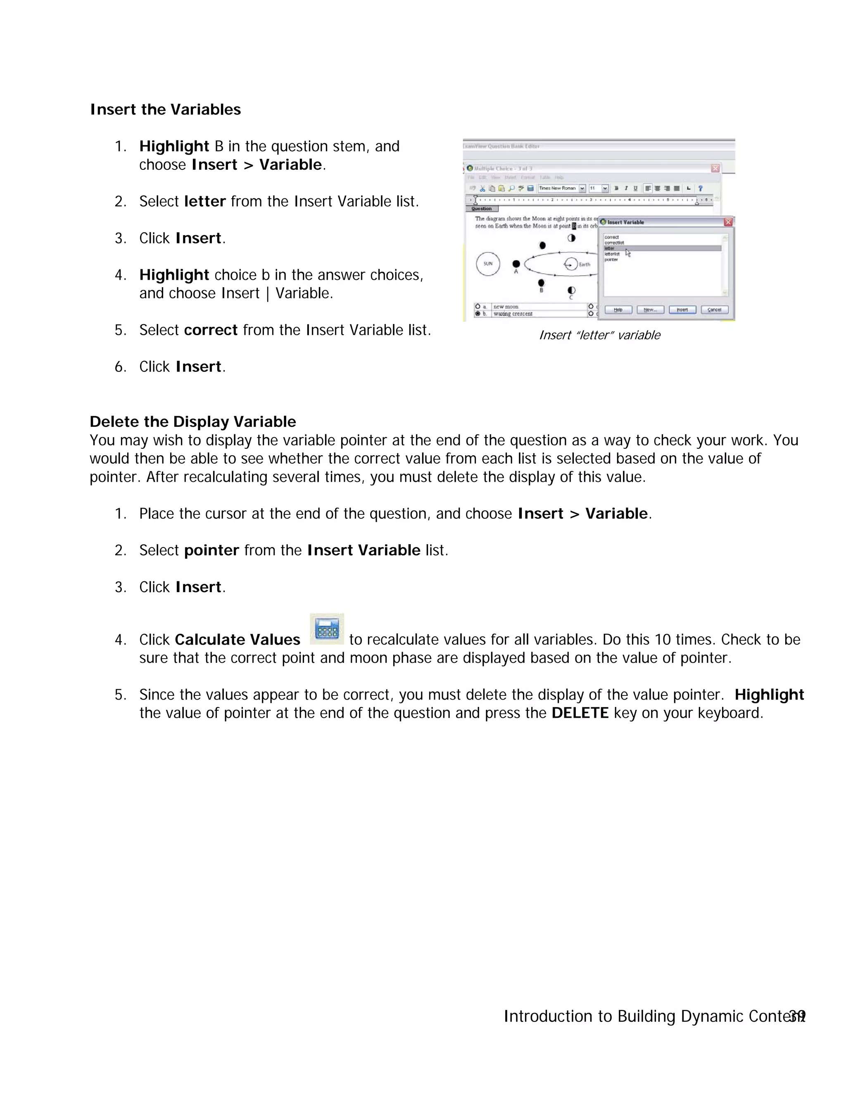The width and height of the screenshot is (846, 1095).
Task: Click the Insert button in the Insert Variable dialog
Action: point(682,310)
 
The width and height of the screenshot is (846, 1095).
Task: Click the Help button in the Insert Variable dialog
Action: point(618,310)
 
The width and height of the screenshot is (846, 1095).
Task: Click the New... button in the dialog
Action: point(650,310)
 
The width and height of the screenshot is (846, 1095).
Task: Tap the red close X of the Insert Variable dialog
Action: point(728,222)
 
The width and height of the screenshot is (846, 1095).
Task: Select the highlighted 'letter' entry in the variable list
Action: point(610,248)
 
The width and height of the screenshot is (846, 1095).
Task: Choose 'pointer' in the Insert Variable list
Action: point(611,260)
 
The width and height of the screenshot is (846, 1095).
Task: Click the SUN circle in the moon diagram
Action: point(488,264)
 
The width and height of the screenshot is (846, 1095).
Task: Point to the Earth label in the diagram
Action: point(585,264)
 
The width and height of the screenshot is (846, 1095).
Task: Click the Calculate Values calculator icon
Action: point(327,629)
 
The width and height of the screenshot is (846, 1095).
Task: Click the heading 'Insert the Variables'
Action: point(165,109)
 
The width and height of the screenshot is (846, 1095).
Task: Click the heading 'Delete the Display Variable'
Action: point(192,421)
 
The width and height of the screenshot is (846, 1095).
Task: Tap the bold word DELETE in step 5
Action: point(580,713)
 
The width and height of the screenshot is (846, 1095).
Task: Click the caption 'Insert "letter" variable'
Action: point(599,335)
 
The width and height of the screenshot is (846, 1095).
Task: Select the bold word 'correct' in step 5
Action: point(211,330)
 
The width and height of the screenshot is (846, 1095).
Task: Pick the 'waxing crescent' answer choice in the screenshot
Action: point(513,314)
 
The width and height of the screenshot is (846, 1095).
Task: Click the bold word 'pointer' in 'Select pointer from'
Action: point(211,550)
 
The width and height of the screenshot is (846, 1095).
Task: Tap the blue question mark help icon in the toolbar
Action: point(700,188)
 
